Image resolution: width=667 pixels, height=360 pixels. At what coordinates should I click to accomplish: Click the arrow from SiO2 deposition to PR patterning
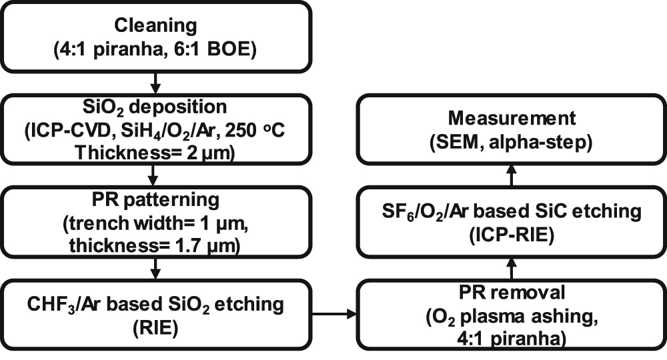point(155,175)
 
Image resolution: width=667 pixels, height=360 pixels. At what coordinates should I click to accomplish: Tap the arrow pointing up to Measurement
point(512,175)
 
